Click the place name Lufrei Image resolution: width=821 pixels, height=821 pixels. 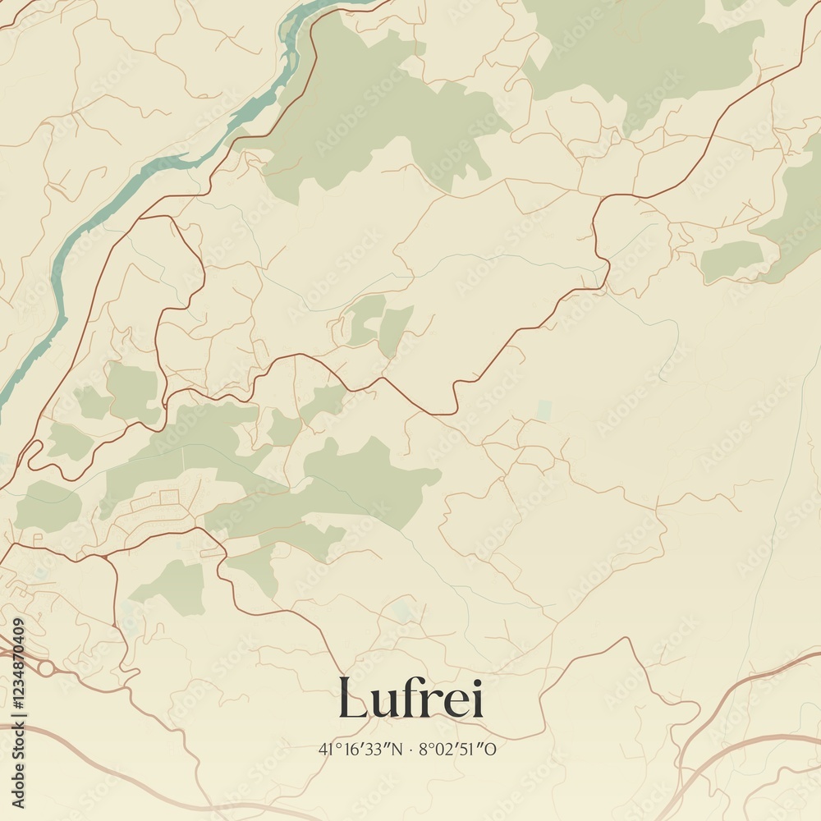pos(410,699)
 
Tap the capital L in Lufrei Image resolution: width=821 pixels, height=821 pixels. pos(352,699)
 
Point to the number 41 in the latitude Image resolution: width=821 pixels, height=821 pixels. pos(326,749)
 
